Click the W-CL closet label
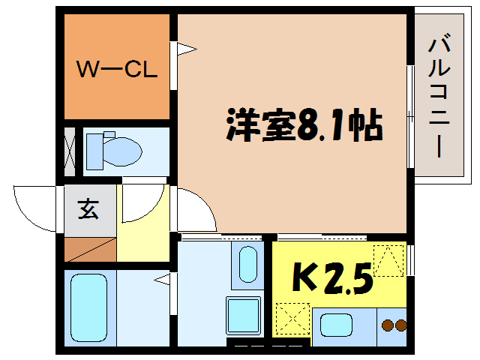[117, 71]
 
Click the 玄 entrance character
[88, 210]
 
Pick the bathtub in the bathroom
[88, 307]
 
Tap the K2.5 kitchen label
[331, 280]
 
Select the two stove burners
[394, 325]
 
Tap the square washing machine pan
[244, 313]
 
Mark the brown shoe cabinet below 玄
[90, 248]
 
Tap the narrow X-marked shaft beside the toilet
[69, 151]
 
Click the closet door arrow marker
[184, 50]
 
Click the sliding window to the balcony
[409, 116]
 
